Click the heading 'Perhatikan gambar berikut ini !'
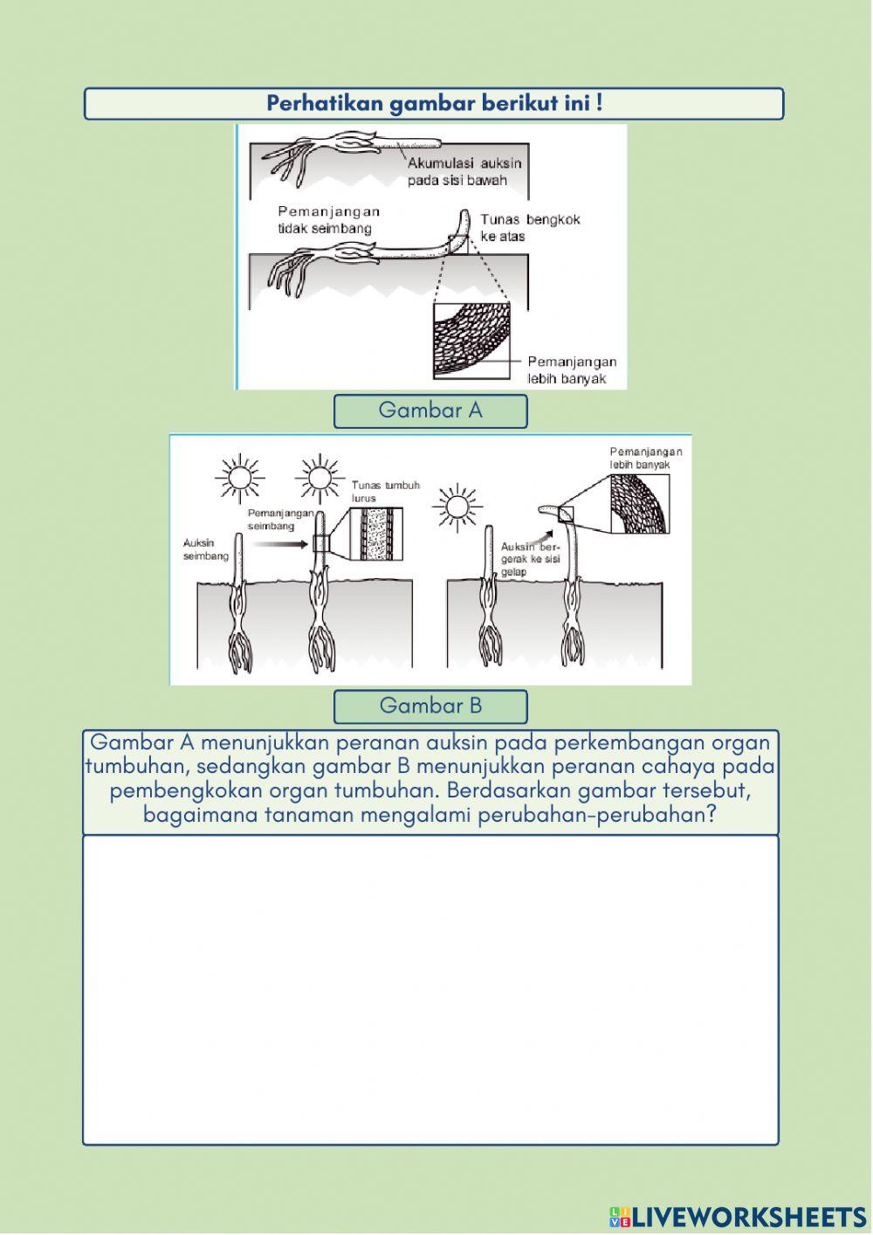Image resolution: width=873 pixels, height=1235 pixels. [434, 104]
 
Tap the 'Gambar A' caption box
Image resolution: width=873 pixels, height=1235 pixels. [430, 411]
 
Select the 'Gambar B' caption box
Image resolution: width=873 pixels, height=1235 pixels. [430, 706]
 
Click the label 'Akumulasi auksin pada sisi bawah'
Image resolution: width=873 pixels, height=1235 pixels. [464, 171]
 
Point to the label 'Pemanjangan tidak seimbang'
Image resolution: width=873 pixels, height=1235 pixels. [328, 219]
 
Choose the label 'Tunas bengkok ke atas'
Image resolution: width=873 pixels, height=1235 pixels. [529, 227]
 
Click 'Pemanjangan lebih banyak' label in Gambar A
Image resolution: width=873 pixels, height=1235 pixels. [572, 370]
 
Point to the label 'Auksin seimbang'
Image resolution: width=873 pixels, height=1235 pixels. [205, 549]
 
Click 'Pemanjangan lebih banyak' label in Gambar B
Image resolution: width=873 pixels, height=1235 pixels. [645, 459]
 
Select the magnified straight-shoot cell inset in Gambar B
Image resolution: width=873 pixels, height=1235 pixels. [375, 534]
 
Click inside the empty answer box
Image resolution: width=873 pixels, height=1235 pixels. [430, 989]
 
